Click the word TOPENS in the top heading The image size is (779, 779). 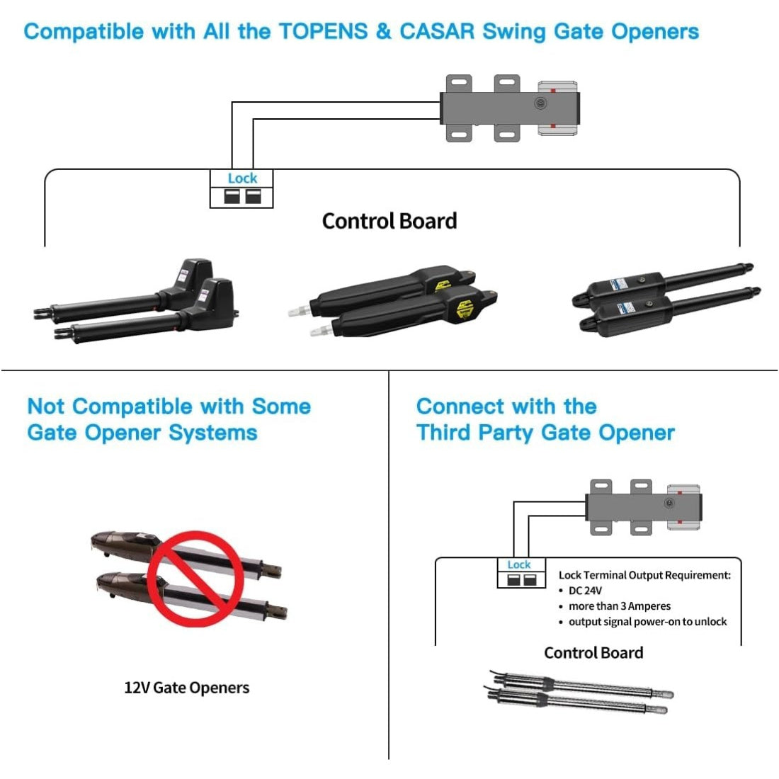coord(323,32)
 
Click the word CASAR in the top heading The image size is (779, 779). coord(436,32)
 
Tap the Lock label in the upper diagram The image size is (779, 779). coord(242,178)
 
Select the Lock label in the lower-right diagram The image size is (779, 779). coord(518,564)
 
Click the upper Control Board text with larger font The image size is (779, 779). coord(389,221)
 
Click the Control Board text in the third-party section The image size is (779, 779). coord(593,653)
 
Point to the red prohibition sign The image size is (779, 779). coord(195,579)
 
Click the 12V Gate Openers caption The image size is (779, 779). coord(186,688)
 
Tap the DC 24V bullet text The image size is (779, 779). coord(585,591)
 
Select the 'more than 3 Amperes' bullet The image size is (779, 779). coord(619,606)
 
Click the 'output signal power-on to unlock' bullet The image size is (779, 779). coord(647,622)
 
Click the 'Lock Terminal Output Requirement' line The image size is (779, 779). coord(644,575)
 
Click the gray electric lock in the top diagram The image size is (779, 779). coord(510,108)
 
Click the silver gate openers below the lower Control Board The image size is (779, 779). coord(577,693)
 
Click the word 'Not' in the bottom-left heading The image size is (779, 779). coord(46,406)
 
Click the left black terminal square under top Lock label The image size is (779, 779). coord(232,196)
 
